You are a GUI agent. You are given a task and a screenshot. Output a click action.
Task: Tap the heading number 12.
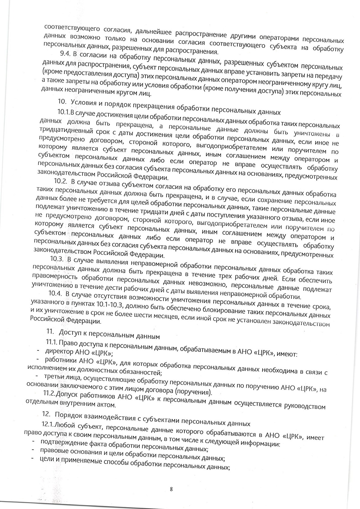pos(46,415)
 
